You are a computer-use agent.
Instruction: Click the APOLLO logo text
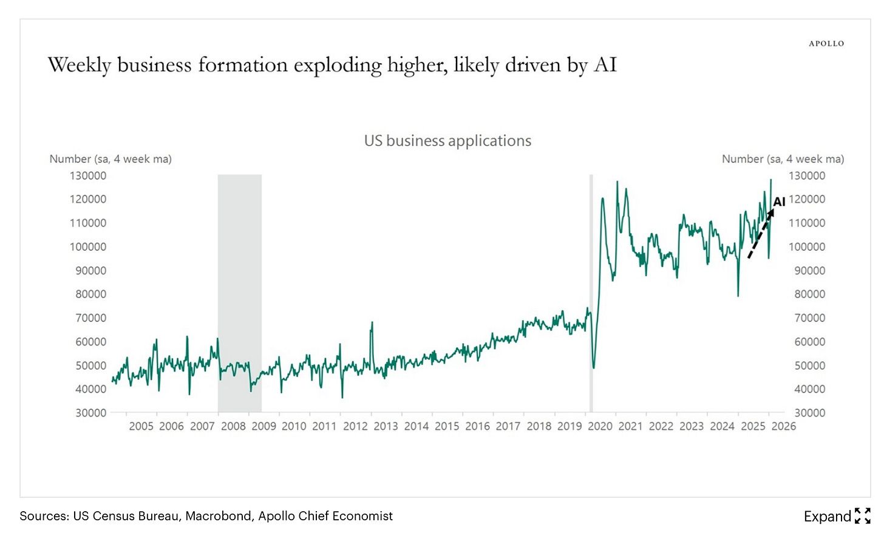(826, 44)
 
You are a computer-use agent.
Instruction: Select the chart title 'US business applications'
(447, 141)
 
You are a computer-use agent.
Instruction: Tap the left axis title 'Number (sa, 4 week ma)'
(110, 159)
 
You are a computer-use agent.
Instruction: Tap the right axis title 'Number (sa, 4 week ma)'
(783, 159)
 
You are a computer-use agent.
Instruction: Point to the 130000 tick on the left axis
(88, 175)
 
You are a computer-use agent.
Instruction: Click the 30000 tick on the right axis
(807, 413)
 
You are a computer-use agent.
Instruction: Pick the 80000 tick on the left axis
(90, 294)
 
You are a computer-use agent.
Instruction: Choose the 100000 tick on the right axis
(807, 246)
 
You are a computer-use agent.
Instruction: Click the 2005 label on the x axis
(141, 426)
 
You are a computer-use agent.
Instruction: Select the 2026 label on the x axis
(783, 426)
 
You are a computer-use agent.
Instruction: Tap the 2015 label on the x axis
(447, 426)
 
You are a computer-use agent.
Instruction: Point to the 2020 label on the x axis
(600, 426)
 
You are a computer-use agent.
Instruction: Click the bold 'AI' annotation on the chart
(779, 202)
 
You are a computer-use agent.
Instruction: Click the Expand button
(837, 516)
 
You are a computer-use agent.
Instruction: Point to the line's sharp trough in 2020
(593, 367)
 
